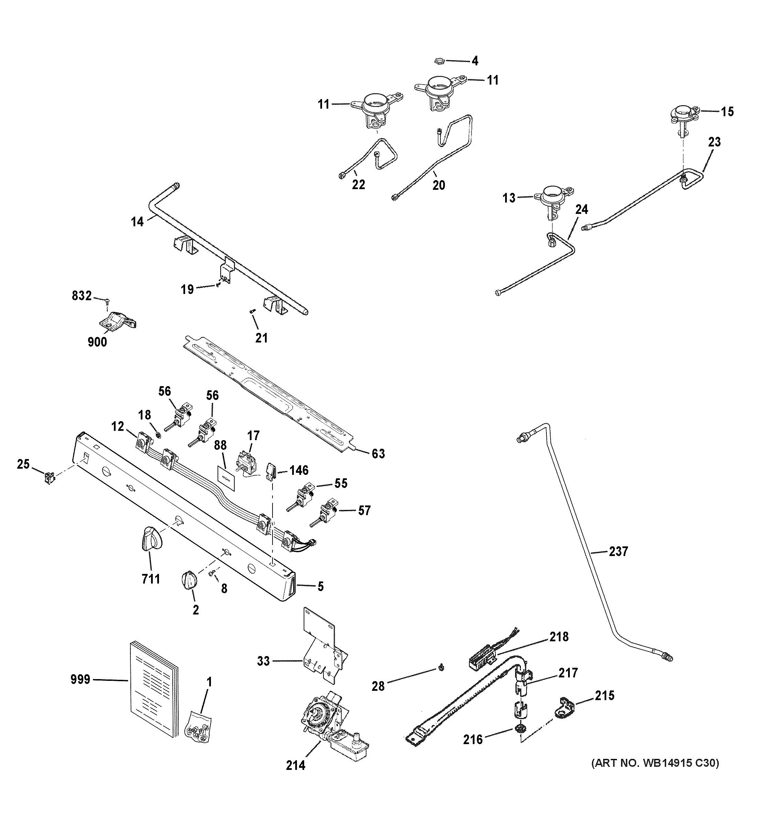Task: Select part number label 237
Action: [618, 551]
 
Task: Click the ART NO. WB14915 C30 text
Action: [655, 763]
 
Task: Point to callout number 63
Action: [378, 454]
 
